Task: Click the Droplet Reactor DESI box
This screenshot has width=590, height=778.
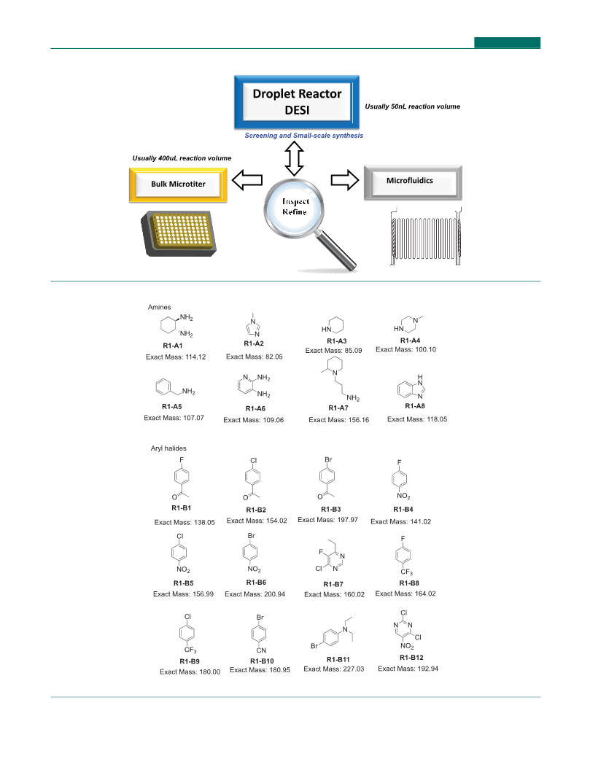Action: [297, 102]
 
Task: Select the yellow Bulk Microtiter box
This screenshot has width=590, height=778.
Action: [178, 184]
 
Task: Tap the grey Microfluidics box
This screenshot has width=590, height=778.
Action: [413, 182]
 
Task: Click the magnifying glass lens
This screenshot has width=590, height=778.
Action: [294, 207]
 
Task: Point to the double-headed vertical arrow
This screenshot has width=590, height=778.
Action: [294, 158]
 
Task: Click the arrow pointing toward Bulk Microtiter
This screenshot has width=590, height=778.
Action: [247, 180]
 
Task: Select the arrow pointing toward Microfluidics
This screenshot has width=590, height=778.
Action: [344, 180]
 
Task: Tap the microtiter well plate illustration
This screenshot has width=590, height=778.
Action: [179, 233]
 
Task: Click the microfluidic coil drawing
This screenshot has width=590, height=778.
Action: [426, 236]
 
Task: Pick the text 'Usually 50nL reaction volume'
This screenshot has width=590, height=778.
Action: [412, 106]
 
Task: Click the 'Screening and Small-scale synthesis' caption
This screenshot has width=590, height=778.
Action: [303, 136]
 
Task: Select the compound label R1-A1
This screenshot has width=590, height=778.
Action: [173, 346]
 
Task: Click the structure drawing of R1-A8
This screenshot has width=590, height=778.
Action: [411, 387]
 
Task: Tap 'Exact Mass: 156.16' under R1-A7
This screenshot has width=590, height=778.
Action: [339, 420]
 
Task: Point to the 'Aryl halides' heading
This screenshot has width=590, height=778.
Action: [168, 448]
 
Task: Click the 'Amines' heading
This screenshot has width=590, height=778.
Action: [159, 307]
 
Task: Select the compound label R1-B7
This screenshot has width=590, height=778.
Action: [333, 584]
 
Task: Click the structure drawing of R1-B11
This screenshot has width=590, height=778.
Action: [332, 633]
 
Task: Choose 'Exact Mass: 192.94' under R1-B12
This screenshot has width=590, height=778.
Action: [408, 669]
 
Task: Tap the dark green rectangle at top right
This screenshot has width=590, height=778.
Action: [507, 43]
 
